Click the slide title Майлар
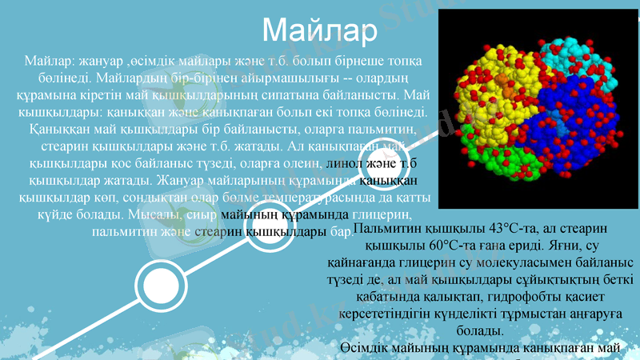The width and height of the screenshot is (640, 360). [318, 31]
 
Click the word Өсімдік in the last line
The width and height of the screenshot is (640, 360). [366, 348]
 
